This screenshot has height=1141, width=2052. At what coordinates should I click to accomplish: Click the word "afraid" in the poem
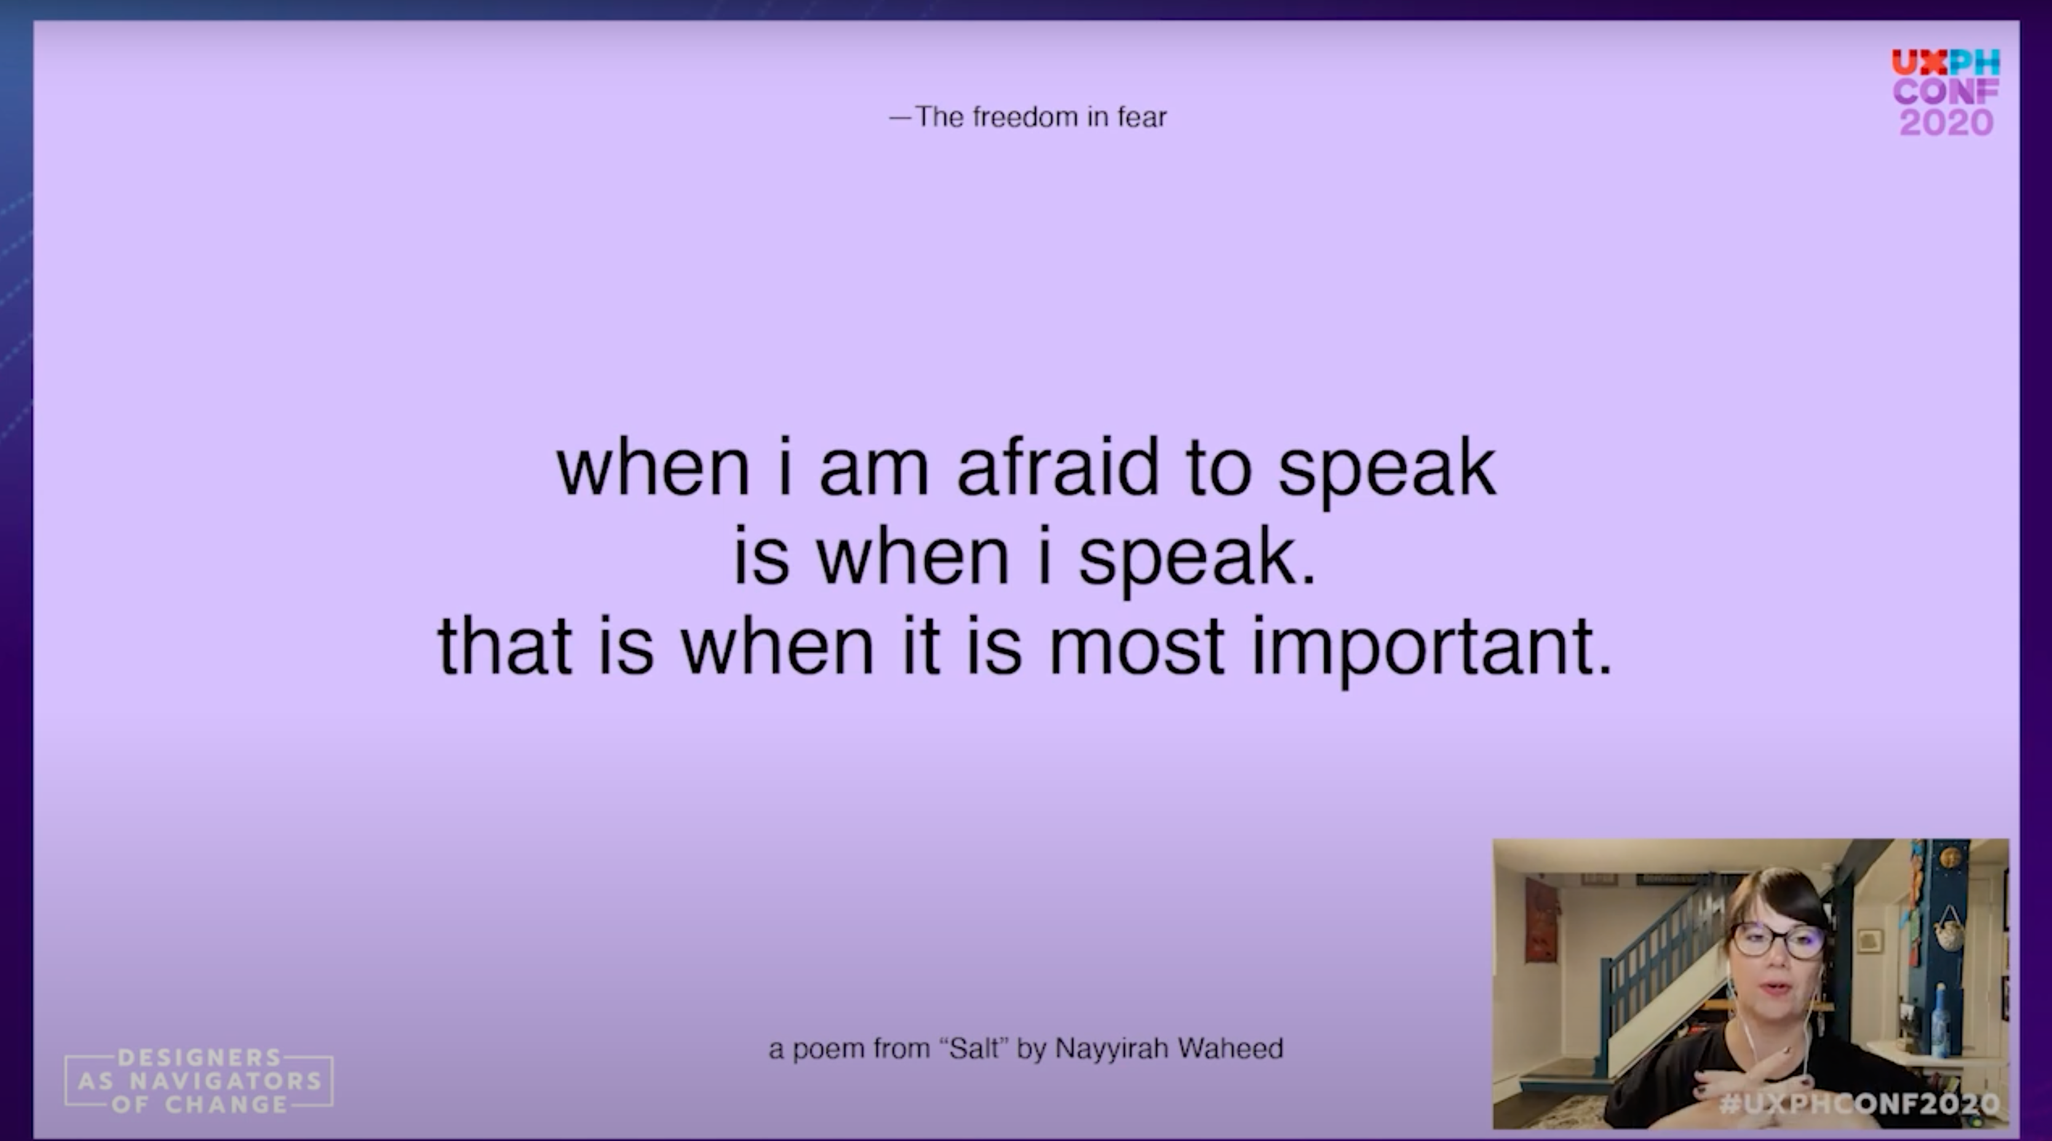[x=1057, y=468]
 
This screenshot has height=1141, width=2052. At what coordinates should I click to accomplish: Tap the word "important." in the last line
[x=1432, y=647]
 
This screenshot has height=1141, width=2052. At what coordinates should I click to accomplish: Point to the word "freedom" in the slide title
[x=1024, y=117]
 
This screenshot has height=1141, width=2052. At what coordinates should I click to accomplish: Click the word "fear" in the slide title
[x=1142, y=117]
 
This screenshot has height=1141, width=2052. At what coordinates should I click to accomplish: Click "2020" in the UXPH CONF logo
[x=1946, y=122]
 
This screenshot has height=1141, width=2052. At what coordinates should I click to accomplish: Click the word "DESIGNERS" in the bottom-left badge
[x=199, y=1057]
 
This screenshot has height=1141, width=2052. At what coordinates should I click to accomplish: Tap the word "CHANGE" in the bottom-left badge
[x=226, y=1104]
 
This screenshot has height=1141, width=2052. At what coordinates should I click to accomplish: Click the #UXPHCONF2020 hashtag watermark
[x=1859, y=1103]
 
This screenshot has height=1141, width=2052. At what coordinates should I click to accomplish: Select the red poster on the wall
[x=1541, y=919]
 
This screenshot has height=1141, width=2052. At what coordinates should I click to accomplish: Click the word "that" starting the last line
[x=504, y=647]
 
